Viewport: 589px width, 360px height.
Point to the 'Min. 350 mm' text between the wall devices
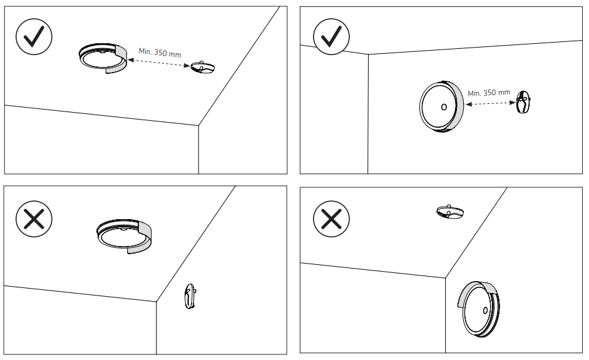tap(489, 93)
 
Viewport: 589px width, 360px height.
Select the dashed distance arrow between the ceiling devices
tap(159, 64)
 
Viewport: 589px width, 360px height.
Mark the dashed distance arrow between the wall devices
tap(489, 103)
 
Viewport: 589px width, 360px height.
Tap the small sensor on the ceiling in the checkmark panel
tap(203, 68)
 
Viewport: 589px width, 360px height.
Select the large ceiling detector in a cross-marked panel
tap(123, 235)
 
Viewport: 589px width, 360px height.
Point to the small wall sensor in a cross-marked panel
tap(191, 296)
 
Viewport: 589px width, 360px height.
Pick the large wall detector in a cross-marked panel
tap(481, 311)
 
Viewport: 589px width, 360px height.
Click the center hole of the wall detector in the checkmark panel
tap(444, 107)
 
